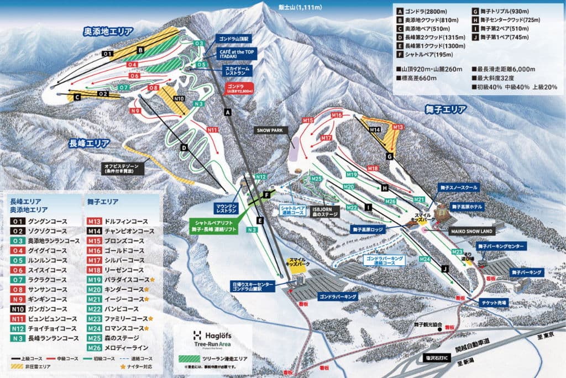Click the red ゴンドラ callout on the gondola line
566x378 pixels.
[239, 90]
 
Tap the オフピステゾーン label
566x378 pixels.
[124, 168]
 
